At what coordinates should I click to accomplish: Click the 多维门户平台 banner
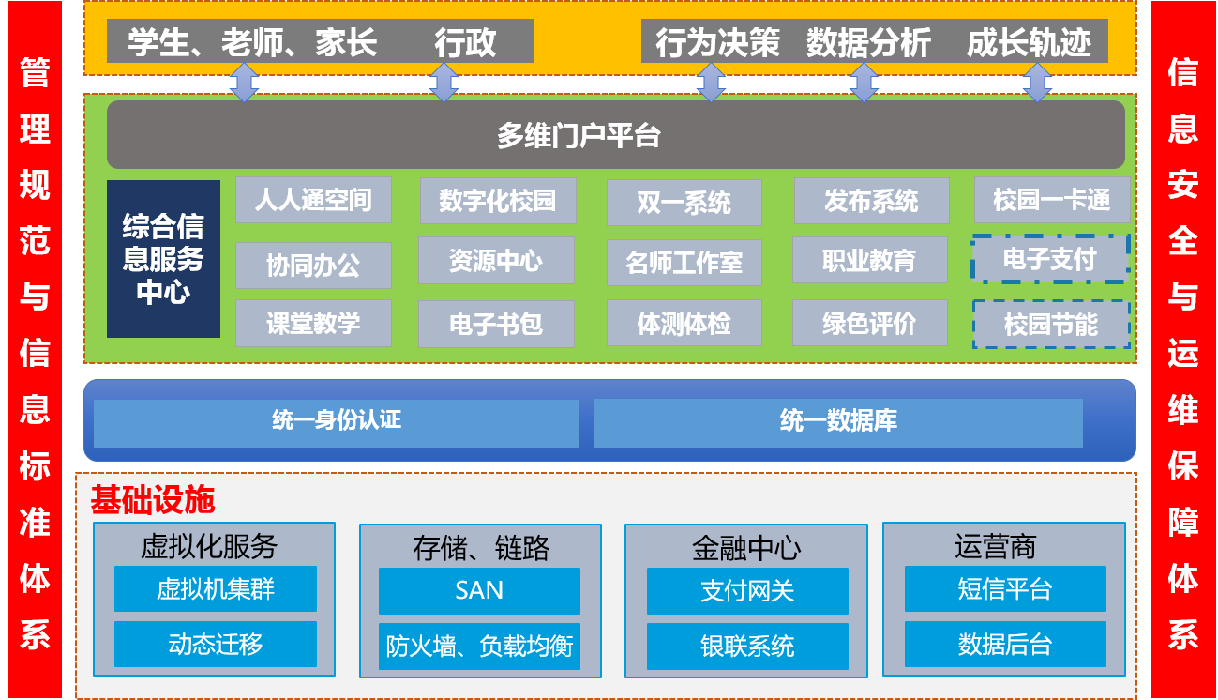tap(615, 135)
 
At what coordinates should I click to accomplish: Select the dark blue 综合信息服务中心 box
tap(163, 259)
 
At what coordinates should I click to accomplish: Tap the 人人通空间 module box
tap(313, 200)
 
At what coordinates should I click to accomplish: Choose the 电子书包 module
tap(496, 325)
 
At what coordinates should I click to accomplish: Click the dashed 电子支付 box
tap(1050, 259)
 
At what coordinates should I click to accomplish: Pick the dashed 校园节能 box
tap(1050, 325)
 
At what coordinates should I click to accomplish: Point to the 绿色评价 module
tap(870, 324)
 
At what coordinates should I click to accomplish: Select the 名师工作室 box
tap(684, 263)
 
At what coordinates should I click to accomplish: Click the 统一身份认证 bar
tap(337, 421)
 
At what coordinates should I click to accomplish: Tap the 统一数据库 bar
tap(838, 421)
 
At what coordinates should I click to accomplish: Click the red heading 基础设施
tap(153, 500)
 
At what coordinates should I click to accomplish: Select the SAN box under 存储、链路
tap(479, 590)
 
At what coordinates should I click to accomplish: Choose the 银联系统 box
tap(747, 646)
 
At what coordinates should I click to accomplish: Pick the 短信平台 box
tap(1005, 589)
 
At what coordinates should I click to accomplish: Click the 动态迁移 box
tap(216, 645)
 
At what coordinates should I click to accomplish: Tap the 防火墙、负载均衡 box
tap(479, 646)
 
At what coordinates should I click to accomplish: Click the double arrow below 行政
tap(444, 83)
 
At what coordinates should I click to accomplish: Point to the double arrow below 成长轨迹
tap(1036, 83)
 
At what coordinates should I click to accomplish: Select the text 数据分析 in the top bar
tap(868, 43)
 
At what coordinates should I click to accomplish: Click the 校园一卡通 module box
tap(1051, 200)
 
